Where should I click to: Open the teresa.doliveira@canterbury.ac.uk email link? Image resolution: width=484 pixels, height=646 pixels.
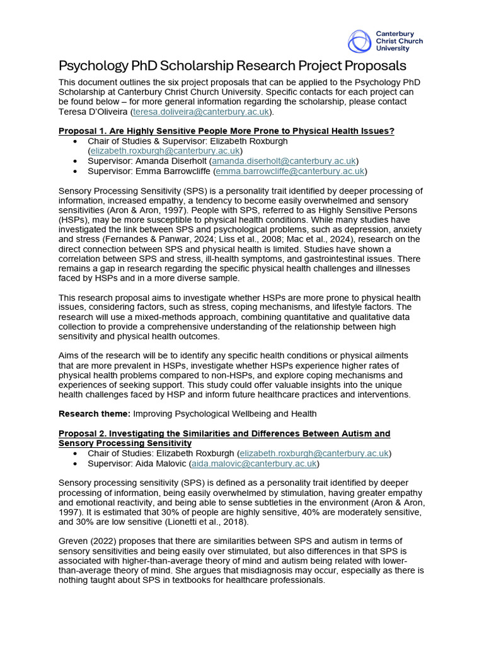point(200,112)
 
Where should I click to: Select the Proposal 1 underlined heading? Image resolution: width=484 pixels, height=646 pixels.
point(226,131)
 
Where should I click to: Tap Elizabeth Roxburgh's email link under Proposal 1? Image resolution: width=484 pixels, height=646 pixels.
point(164,151)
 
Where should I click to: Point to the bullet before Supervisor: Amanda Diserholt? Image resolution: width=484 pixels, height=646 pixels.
point(76,161)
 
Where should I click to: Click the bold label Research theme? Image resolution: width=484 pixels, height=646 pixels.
point(93,414)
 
